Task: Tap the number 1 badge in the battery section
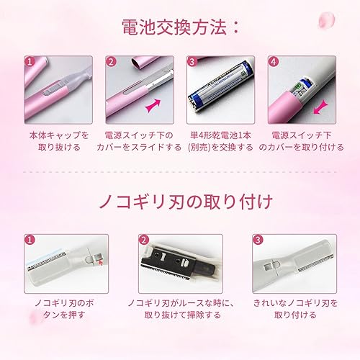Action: pos(30,62)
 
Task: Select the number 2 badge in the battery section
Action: pos(111,62)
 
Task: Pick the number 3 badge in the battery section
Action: pos(192,62)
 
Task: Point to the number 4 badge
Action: pos(274,62)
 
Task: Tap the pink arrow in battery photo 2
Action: pos(153,106)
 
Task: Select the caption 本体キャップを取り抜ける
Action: pos(60,141)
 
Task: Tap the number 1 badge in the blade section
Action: pos(30,238)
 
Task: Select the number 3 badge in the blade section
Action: pos(257,238)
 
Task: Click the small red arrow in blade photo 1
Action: pos(99,264)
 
